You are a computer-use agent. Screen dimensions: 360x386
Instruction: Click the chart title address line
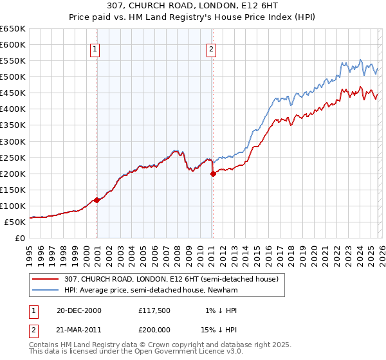click(192, 7)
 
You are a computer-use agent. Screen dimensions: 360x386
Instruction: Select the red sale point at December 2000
click(96, 200)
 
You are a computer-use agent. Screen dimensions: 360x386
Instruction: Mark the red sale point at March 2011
click(213, 174)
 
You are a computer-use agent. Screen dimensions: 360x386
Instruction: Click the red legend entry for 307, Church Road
click(170, 279)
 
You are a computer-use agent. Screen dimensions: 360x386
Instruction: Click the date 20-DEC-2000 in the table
click(78, 310)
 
